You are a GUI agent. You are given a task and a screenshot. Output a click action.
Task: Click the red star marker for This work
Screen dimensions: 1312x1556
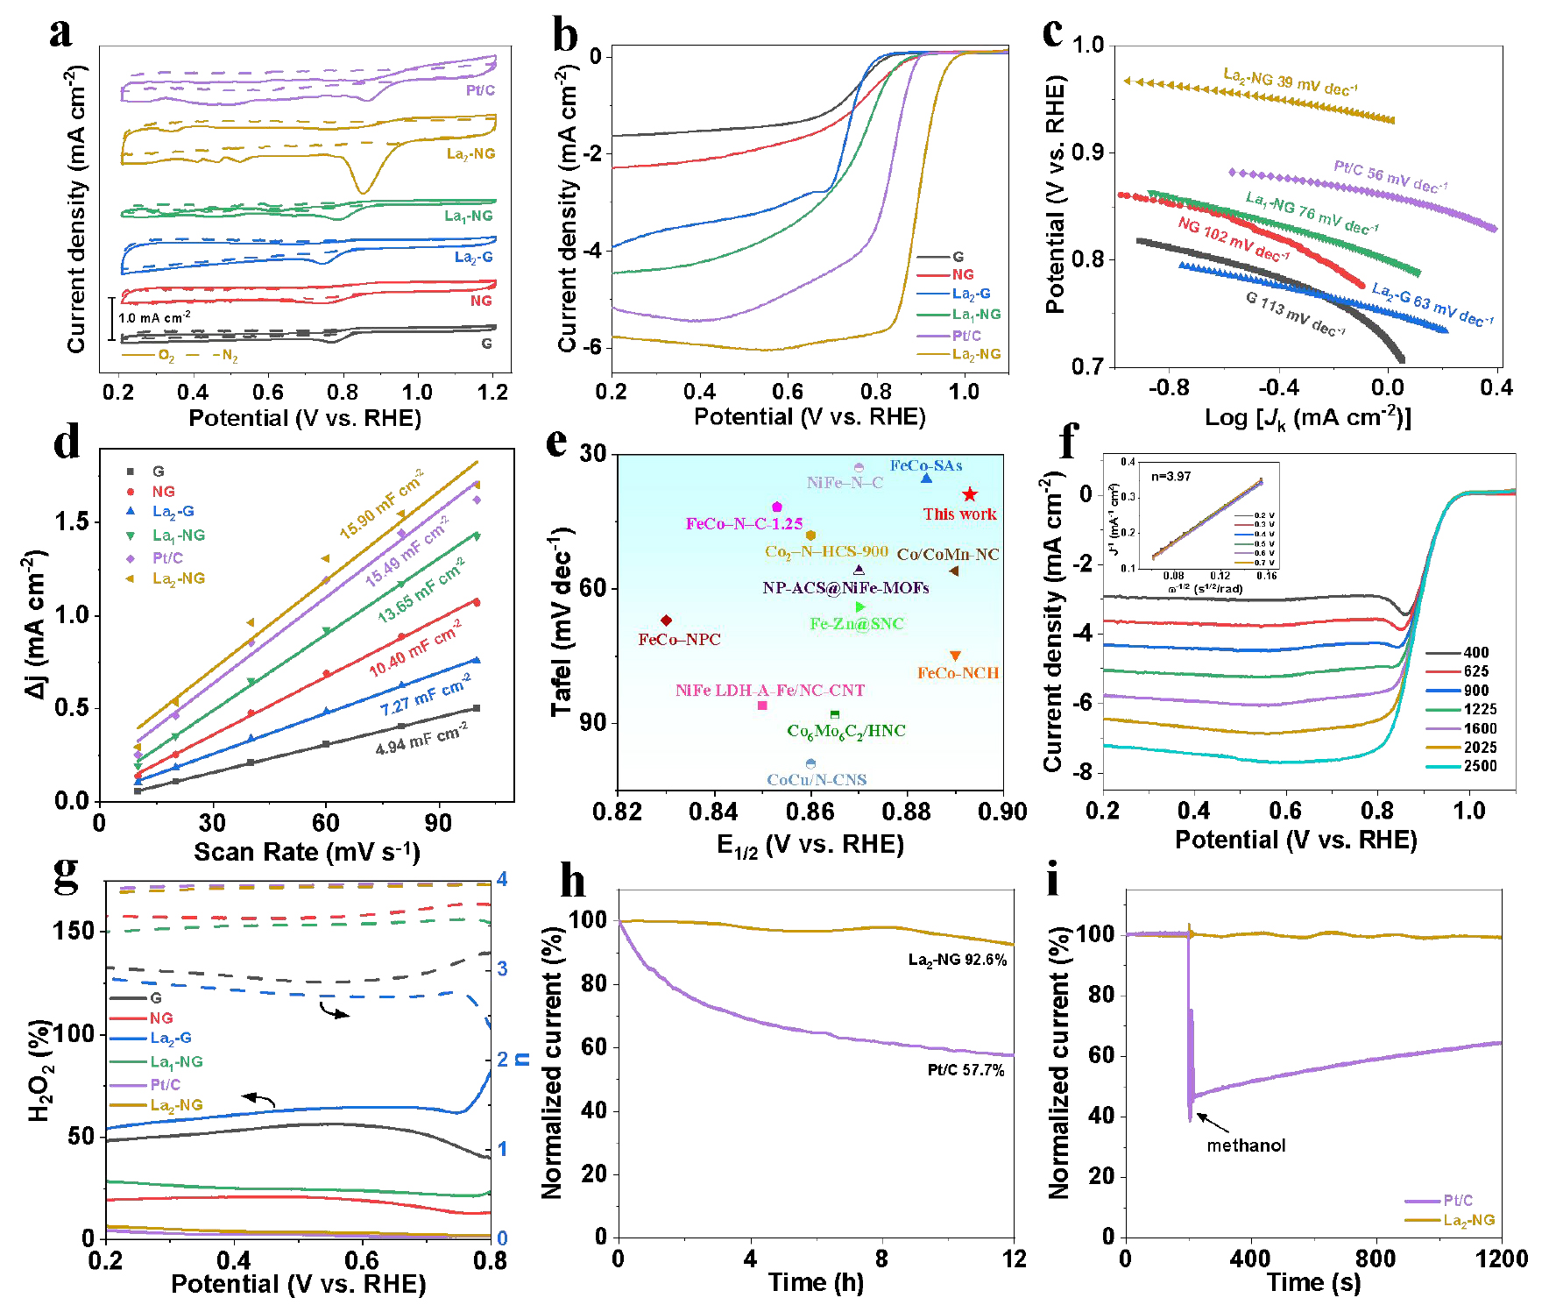pos(969,494)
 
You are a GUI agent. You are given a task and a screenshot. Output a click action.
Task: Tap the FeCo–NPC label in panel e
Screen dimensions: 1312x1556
pos(679,640)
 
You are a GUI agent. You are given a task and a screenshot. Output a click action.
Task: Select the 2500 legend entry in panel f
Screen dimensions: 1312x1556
pos(1480,766)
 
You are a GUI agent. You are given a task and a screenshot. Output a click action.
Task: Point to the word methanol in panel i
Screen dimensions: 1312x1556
pos(1246,1145)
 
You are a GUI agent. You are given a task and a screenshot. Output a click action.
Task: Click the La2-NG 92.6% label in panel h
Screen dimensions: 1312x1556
pos(957,960)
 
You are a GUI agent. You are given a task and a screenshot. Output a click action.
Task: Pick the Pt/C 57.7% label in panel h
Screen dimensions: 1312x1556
pos(965,1070)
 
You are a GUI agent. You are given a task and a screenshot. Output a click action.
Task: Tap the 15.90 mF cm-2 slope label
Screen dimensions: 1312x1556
pos(381,504)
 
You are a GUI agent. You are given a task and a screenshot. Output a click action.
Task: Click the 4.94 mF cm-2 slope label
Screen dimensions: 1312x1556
pos(421,738)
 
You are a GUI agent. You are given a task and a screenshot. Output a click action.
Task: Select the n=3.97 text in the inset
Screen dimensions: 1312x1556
pos(1171,477)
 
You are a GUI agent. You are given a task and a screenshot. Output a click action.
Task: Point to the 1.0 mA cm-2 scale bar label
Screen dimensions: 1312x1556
pos(154,317)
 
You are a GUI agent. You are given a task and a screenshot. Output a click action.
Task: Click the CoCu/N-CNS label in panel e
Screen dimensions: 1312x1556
pos(817,780)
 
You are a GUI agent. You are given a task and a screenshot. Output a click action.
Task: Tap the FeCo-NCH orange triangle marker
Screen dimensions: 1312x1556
pos(955,656)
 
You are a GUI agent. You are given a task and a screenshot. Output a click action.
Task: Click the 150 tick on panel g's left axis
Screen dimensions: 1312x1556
pos(74,931)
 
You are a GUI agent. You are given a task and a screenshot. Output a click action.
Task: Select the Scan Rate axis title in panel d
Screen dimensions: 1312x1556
pos(306,852)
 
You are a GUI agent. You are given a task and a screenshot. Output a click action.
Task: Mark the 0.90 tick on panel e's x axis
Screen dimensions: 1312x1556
pos(1002,812)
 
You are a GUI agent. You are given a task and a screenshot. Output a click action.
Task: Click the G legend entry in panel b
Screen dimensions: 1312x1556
pos(958,257)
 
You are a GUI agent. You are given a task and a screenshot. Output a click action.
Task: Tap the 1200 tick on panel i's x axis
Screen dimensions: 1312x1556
pos(1501,1259)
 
